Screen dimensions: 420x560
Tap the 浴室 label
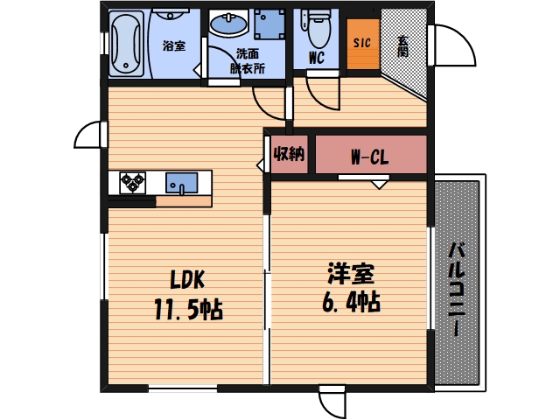(x=173, y=45)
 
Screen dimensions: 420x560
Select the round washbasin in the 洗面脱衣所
(x=228, y=24)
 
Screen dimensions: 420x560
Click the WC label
(x=317, y=59)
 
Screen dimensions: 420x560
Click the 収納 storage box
(x=289, y=155)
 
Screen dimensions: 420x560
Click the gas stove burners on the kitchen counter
(x=133, y=183)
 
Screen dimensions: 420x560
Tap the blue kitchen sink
(x=182, y=183)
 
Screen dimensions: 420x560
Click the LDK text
(x=186, y=280)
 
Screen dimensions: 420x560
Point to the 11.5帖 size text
(x=186, y=308)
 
